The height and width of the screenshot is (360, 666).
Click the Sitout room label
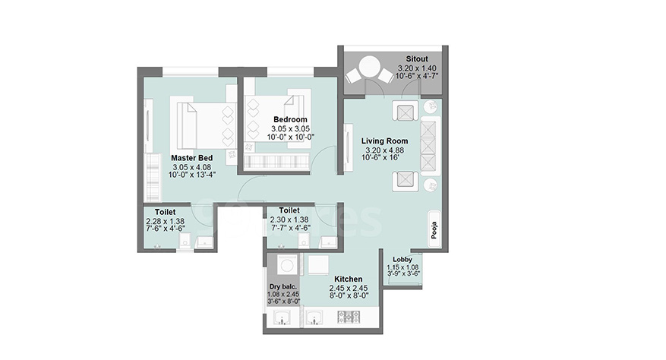(x=417, y=59)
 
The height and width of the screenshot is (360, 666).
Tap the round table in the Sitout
(x=369, y=67)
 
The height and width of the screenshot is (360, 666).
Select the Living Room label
(x=384, y=141)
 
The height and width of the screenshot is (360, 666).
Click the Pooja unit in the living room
(x=434, y=230)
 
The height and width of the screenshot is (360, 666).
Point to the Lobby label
(x=402, y=259)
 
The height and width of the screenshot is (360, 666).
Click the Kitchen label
(x=349, y=279)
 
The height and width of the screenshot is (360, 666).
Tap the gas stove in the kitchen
(x=349, y=317)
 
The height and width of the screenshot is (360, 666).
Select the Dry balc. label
(x=283, y=287)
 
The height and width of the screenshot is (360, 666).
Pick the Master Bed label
(x=192, y=158)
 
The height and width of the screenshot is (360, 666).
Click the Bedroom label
(x=290, y=119)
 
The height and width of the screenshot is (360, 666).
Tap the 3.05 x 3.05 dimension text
(x=291, y=129)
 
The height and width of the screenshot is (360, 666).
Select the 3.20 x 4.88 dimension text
(x=385, y=150)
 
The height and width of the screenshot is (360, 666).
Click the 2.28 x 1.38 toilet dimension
(x=166, y=221)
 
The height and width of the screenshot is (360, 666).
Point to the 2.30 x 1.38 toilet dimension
(x=289, y=219)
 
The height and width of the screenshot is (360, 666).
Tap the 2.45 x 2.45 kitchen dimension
(x=349, y=288)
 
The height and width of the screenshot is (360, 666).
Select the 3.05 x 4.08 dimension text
(x=191, y=167)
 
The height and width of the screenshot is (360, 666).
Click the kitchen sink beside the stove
(x=314, y=317)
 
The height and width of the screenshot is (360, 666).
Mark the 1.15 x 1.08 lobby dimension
(x=402, y=267)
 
